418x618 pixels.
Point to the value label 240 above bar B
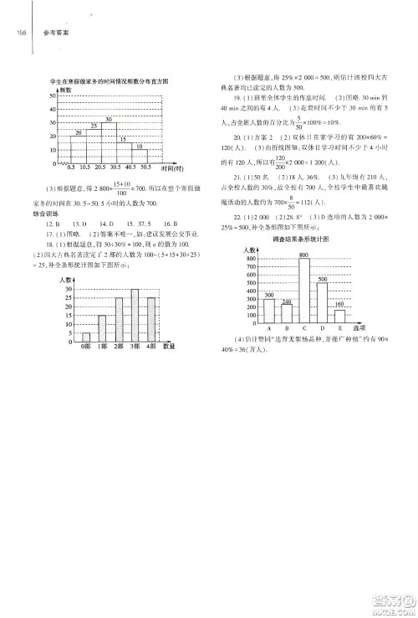[x=287, y=301]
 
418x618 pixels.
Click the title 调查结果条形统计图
[x=302, y=239]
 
